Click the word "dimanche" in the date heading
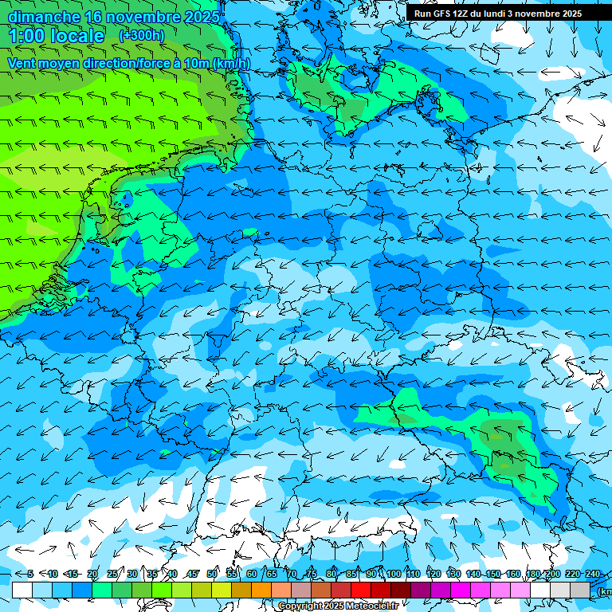[x=44, y=17]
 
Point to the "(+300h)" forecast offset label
[x=142, y=36]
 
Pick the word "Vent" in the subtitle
[x=23, y=64]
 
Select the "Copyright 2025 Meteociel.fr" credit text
[x=338, y=606]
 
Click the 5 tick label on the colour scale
[x=29, y=575]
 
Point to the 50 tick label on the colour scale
[x=212, y=575]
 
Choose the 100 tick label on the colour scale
[x=393, y=575]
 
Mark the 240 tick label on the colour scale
[x=593, y=575]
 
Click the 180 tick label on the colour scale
[x=532, y=575]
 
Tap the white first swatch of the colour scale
[x=22, y=590]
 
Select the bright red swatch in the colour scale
[x=361, y=590]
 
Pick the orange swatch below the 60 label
[x=261, y=590]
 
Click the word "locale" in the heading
[x=77, y=36]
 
